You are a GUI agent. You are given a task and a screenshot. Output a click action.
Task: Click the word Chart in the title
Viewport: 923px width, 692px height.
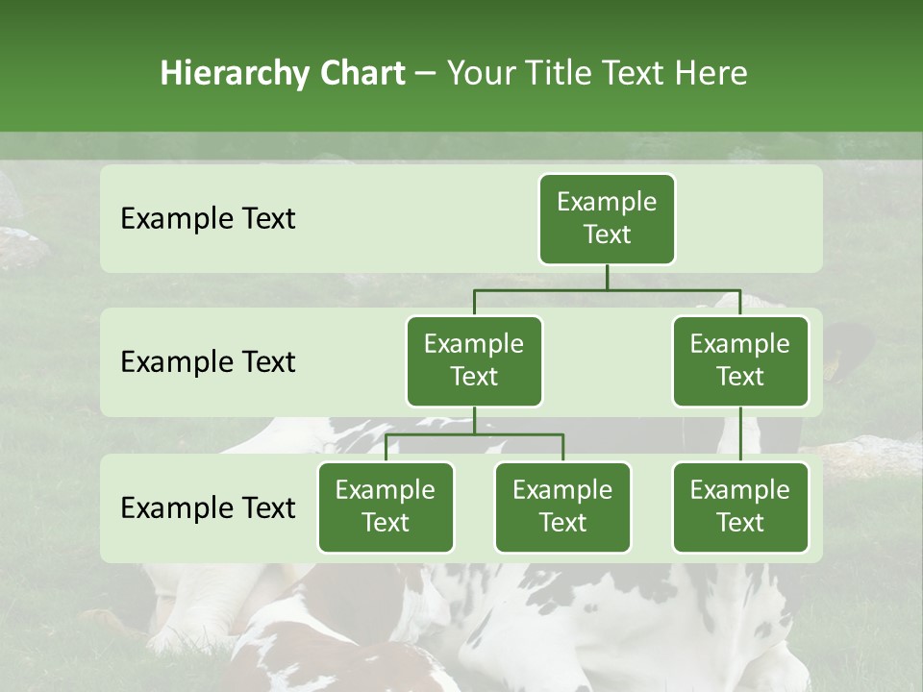point(362,74)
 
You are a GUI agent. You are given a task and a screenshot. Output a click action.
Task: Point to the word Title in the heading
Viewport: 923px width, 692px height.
point(557,74)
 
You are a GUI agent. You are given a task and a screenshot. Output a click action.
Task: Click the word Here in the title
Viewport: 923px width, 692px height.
point(711,74)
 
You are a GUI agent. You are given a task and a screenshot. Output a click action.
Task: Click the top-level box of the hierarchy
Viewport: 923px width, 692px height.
point(607,219)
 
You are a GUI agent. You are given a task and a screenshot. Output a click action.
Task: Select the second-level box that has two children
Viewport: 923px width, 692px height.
point(474,361)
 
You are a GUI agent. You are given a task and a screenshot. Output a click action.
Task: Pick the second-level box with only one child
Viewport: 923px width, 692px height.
point(740,361)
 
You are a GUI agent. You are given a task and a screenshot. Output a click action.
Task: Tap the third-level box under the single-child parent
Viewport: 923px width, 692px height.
point(740,507)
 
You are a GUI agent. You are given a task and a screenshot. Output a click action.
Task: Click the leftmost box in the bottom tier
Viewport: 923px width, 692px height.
point(386,507)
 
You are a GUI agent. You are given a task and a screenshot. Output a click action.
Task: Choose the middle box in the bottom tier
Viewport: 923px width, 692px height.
point(562,507)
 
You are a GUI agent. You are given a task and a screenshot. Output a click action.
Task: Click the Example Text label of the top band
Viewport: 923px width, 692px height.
point(208,219)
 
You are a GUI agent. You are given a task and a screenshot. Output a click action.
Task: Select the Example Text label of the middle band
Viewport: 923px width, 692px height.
point(208,362)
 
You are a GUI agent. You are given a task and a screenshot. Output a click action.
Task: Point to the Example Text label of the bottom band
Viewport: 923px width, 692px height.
point(208,507)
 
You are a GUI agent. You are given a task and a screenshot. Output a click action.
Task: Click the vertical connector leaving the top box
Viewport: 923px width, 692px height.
point(607,277)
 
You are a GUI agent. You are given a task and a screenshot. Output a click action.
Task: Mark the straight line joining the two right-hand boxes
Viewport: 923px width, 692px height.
point(740,434)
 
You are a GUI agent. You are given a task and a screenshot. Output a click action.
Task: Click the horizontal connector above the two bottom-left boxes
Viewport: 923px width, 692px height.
point(474,434)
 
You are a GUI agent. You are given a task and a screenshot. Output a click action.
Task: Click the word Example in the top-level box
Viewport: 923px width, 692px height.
point(607,202)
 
